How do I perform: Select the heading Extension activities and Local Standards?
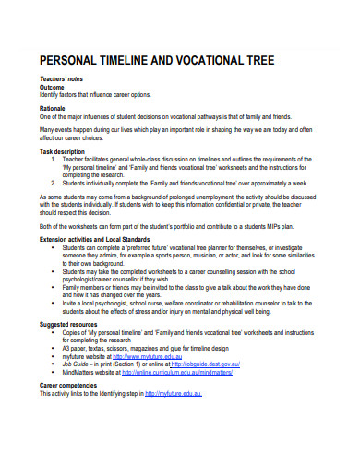99,238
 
